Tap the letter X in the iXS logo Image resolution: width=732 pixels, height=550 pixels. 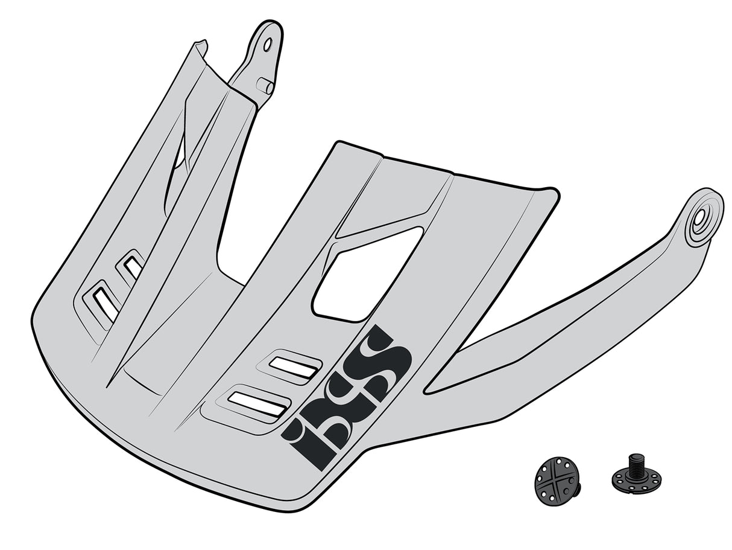click(x=341, y=401)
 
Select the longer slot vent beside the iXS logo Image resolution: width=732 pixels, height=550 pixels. click(x=257, y=403)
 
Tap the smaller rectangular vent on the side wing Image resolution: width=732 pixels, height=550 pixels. click(x=133, y=267)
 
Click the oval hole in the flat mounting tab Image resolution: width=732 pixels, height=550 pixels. click(x=268, y=44)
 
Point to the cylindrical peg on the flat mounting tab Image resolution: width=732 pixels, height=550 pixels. click(x=265, y=86)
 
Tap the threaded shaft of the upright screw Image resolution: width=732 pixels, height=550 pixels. click(x=635, y=464)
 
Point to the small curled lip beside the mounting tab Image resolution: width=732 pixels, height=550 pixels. click(x=200, y=46)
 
